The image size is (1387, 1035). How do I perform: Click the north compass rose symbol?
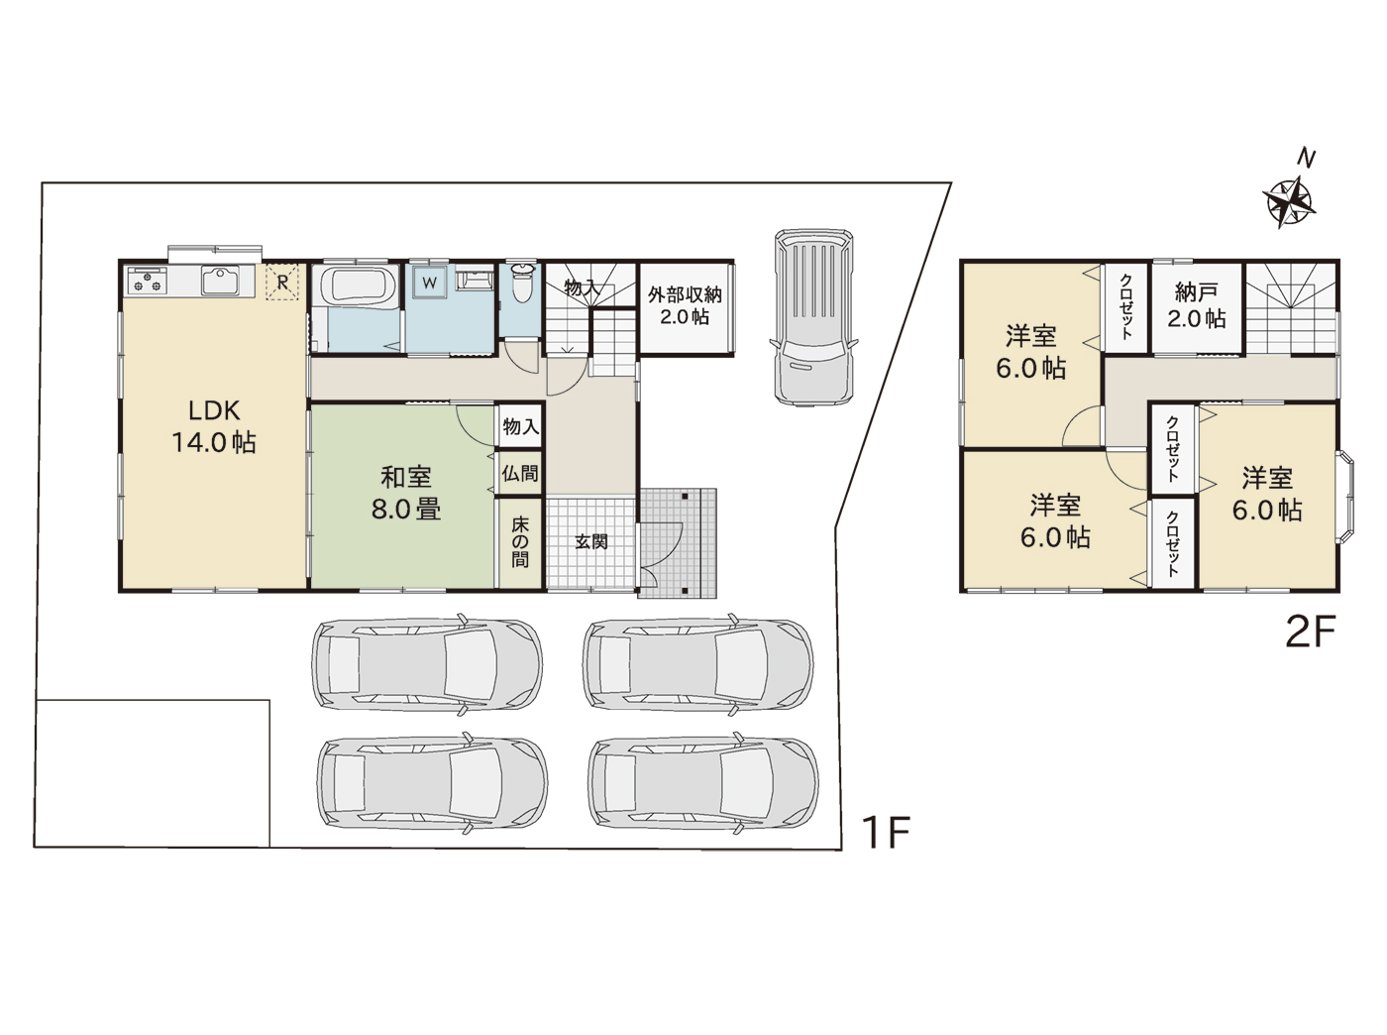pyautogui.click(x=1289, y=202)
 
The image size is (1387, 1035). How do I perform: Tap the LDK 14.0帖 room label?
pyautogui.click(x=214, y=426)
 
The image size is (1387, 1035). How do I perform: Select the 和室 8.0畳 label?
pyautogui.click(x=405, y=493)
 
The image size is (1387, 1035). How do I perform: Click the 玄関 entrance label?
pyautogui.click(x=591, y=542)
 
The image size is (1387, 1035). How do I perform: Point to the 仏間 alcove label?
pyautogui.click(x=520, y=473)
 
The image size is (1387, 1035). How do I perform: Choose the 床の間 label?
pyautogui.click(x=520, y=542)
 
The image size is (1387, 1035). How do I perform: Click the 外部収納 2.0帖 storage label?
pyautogui.click(x=685, y=305)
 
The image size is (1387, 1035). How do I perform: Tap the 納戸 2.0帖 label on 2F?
pyautogui.click(x=1196, y=306)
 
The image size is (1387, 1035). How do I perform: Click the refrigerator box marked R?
pyautogui.click(x=281, y=282)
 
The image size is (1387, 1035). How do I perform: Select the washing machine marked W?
pyautogui.click(x=430, y=282)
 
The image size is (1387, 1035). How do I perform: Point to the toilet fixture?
pyautogui.click(x=521, y=283)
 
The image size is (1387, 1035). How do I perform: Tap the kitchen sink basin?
pyautogui.click(x=220, y=281)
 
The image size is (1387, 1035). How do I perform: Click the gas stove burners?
pyautogui.click(x=148, y=281)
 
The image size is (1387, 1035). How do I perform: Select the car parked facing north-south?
pyautogui.click(x=813, y=317)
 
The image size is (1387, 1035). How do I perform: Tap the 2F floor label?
pyautogui.click(x=1311, y=632)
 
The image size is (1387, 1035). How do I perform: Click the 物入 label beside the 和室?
pyautogui.click(x=521, y=426)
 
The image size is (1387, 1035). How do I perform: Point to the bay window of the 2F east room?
pyautogui.click(x=1345, y=497)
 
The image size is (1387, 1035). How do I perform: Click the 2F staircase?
pyautogui.click(x=1290, y=308)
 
